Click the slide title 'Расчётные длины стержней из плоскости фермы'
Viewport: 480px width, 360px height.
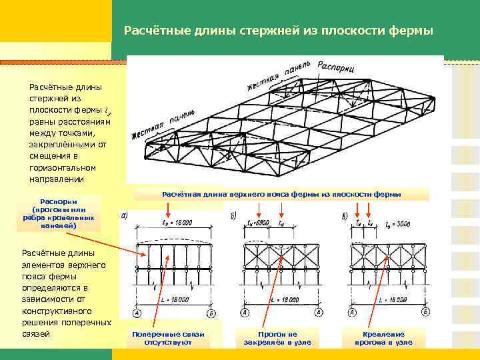coord(279,31)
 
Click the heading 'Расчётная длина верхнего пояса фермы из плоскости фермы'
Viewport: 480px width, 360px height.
coord(281,195)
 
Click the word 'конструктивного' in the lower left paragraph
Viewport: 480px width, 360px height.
coord(55,311)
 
